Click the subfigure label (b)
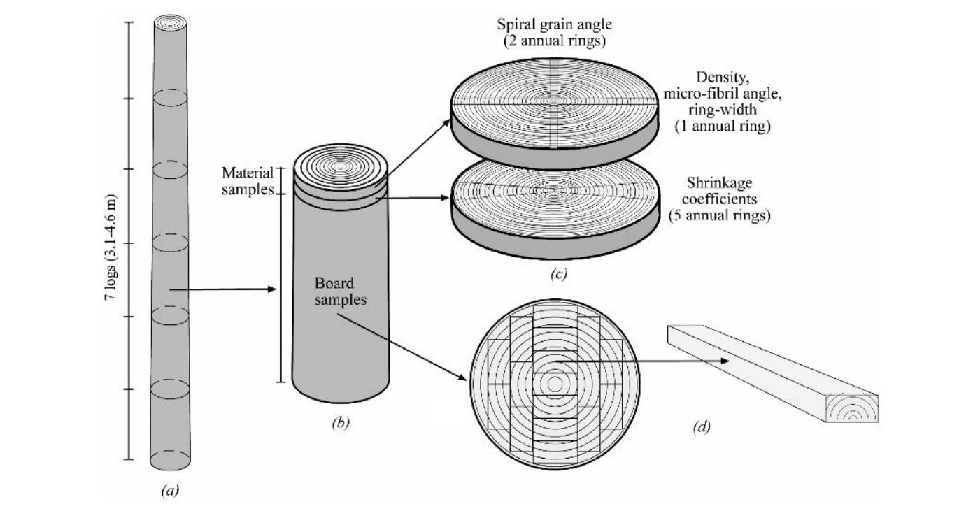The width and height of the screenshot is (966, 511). click(340, 422)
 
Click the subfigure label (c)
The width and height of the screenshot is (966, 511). click(557, 274)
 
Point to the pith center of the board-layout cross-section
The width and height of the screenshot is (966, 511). click(555, 384)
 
